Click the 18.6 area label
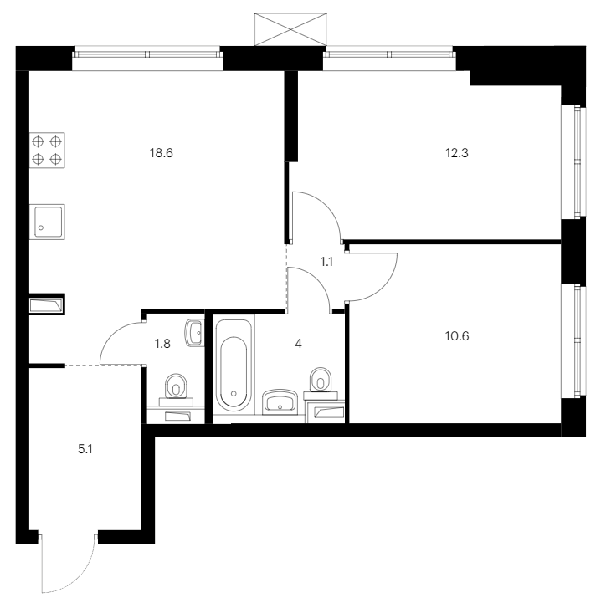click(x=161, y=153)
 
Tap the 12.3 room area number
click(x=457, y=153)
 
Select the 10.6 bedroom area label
click(x=457, y=336)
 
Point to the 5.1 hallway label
click(x=85, y=449)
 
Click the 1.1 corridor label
click(x=326, y=262)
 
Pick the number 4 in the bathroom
click(x=298, y=344)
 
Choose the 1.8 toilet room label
click(x=162, y=344)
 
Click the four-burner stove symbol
click(x=47, y=151)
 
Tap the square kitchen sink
click(x=47, y=222)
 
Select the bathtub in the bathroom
click(x=234, y=365)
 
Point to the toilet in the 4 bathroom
click(x=321, y=384)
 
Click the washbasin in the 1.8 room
click(x=194, y=333)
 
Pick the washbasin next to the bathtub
click(x=280, y=402)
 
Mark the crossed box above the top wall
click(x=290, y=29)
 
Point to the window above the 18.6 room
click(x=147, y=54)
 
